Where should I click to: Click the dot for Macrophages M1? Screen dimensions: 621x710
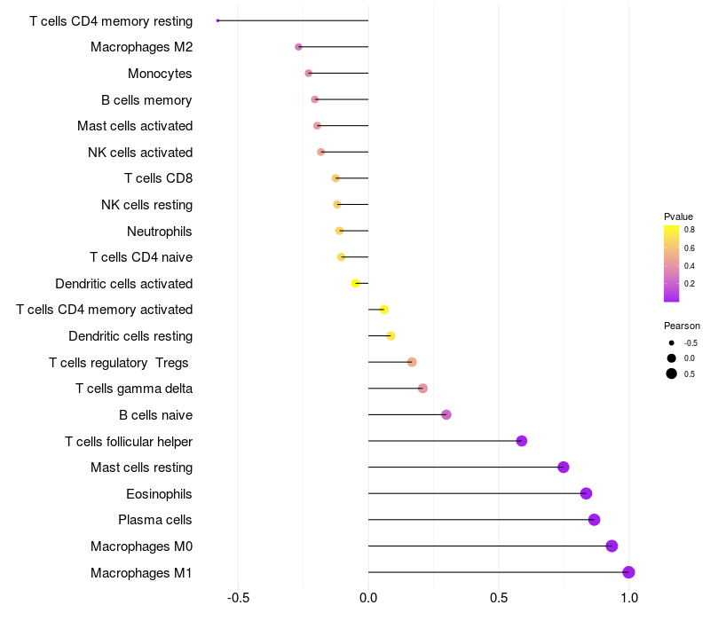click(x=628, y=572)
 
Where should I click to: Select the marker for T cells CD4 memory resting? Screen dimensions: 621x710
click(x=217, y=20)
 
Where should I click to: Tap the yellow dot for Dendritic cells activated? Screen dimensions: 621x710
click(x=355, y=283)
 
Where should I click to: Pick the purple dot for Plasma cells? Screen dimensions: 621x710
click(x=594, y=520)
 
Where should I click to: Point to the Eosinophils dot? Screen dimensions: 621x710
click(x=586, y=493)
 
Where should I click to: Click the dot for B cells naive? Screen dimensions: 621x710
click(x=446, y=414)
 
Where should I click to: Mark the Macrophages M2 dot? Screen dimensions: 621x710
click(x=298, y=46)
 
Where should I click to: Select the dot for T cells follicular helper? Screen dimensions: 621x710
click(x=522, y=441)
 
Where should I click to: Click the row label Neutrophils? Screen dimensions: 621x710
click(x=160, y=232)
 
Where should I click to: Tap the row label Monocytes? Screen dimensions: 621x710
click(x=160, y=74)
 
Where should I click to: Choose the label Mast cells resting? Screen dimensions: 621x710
click(x=141, y=468)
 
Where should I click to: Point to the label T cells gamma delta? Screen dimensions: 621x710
click(x=134, y=389)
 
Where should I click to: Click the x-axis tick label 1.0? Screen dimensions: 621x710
click(x=628, y=598)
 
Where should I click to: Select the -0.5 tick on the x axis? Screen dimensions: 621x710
click(x=238, y=598)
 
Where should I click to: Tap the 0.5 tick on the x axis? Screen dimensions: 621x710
click(x=499, y=598)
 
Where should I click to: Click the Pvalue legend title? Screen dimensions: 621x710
click(x=678, y=216)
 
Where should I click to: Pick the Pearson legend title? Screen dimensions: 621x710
click(x=682, y=326)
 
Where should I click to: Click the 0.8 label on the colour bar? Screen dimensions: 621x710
click(x=689, y=229)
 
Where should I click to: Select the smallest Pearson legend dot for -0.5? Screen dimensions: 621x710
click(x=672, y=342)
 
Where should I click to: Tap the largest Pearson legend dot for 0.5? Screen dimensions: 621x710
click(x=672, y=373)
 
